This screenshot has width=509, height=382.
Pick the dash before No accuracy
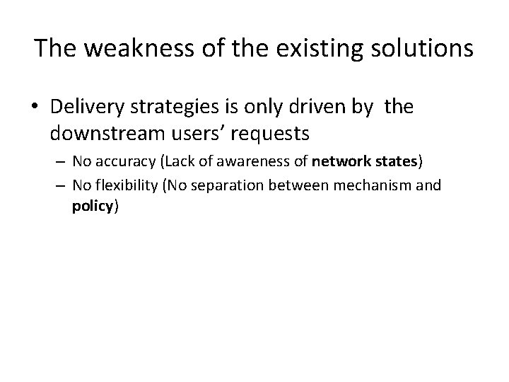(59, 162)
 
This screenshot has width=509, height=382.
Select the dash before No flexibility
(59, 186)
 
